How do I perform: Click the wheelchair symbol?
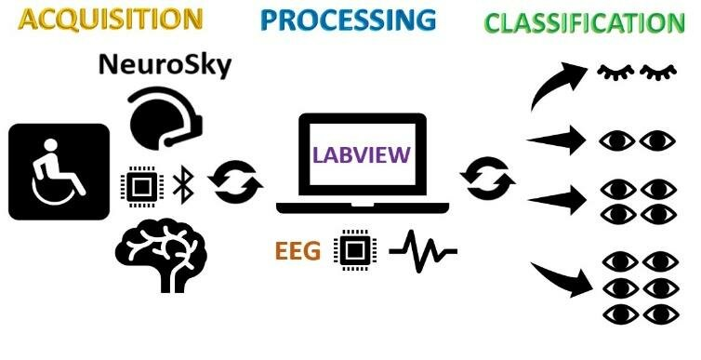tap(59, 172)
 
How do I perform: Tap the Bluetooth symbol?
tap(182, 185)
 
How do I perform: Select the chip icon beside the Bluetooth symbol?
tap(140, 186)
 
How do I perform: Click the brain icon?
tap(160, 249)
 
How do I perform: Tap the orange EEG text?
tap(298, 249)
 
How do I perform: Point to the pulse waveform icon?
tap(422, 250)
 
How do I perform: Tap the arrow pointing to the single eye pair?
tap(556, 141)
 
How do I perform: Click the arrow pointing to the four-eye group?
tap(556, 198)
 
